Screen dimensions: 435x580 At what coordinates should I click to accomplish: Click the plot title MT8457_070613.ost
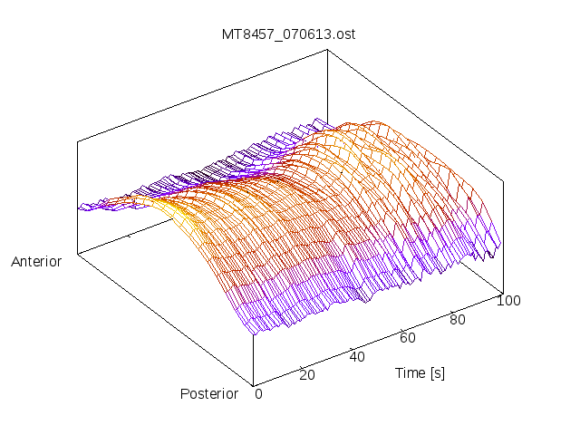tap(289, 35)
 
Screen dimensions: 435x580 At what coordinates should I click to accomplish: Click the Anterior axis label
tap(36, 262)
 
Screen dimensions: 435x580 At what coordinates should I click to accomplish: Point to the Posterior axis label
tap(209, 393)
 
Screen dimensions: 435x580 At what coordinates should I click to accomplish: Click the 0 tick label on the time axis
tap(258, 393)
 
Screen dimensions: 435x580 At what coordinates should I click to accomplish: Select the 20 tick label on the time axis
tap(306, 375)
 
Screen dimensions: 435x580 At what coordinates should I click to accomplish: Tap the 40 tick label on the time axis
tap(357, 356)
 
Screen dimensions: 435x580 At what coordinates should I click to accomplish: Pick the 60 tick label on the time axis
tap(408, 338)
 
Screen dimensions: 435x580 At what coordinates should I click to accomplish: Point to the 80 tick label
tap(459, 319)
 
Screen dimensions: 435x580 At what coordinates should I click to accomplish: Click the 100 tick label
tap(508, 301)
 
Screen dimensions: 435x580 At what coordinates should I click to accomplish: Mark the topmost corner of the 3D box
tap(327, 50)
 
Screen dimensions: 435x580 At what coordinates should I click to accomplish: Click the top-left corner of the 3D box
tap(78, 141)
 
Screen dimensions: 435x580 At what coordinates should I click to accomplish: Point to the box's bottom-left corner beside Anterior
tap(78, 255)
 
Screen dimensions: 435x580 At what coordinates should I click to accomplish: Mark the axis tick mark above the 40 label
tap(351, 347)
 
